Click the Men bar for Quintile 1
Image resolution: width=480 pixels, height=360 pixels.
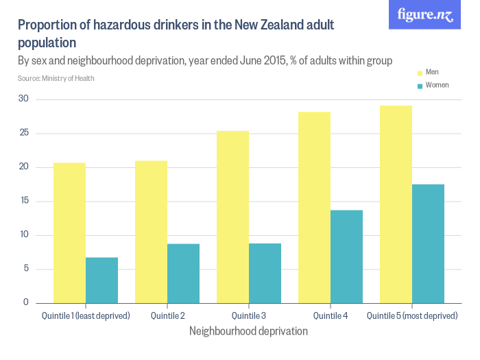69,233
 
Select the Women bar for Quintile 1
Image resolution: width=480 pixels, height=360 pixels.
101,280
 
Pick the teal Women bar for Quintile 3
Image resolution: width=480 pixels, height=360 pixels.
265,274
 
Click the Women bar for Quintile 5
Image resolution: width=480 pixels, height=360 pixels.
428,244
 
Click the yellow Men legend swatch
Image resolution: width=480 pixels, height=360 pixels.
420,73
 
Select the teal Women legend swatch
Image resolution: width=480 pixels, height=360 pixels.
420,86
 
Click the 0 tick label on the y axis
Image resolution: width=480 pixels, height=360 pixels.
25,302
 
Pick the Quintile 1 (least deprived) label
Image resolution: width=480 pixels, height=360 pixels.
86,316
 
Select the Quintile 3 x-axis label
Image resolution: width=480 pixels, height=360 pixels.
249,316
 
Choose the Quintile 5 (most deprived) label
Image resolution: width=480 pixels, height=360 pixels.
412,316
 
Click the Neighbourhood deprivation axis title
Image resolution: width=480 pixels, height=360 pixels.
249,331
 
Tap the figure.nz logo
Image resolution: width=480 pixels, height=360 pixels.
424,15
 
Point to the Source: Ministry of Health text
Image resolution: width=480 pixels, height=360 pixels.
56,78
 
